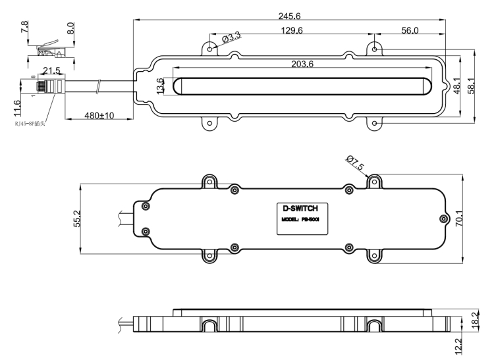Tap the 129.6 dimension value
291,31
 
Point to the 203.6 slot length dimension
302,64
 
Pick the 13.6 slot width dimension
161,86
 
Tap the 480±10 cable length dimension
99,115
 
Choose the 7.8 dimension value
25,28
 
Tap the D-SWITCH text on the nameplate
300,208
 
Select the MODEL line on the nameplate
300,220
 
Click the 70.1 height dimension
459,219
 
